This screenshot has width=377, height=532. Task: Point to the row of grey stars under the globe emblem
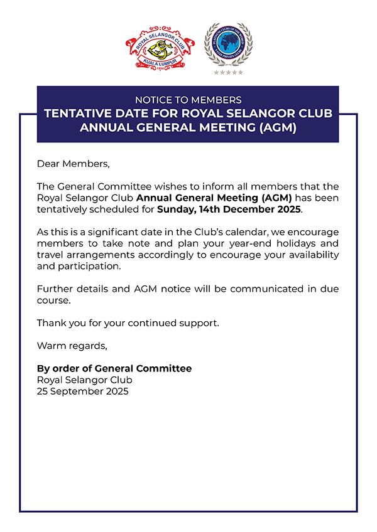pyautogui.click(x=228, y=73)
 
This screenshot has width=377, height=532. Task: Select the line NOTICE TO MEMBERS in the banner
pyautogui.click(x=188, y=100)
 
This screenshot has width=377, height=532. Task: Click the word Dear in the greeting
pyautogui.click(x=48, y=164)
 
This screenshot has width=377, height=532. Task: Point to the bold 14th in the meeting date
pyautogui.click(x=211, y=210)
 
